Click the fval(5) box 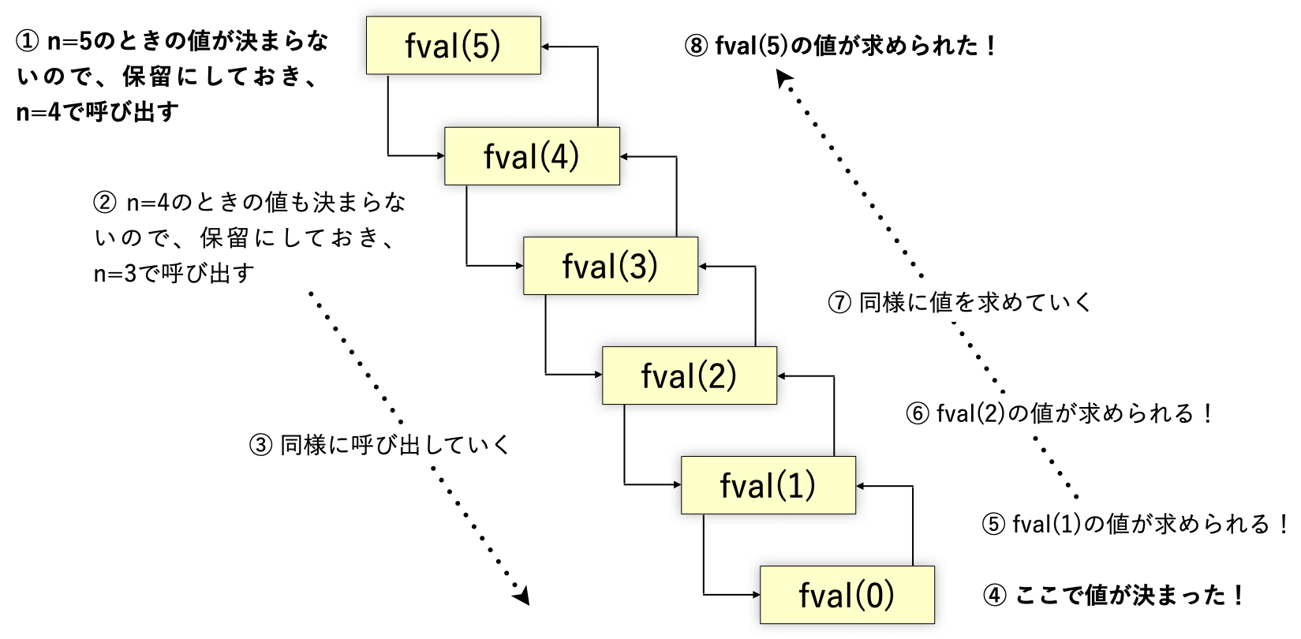453,46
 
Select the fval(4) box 532,156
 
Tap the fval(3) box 610,266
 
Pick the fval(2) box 689,376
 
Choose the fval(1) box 768,485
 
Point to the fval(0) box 847,595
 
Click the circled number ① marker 28,41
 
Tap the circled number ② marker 105,203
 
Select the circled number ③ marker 260,446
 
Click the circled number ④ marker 995,595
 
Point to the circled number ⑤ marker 993,524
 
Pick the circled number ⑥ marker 917,413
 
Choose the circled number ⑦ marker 839,302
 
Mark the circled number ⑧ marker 696,46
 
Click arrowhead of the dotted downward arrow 522,596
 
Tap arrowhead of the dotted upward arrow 783,79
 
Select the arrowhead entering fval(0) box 755,595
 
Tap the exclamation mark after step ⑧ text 991,46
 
